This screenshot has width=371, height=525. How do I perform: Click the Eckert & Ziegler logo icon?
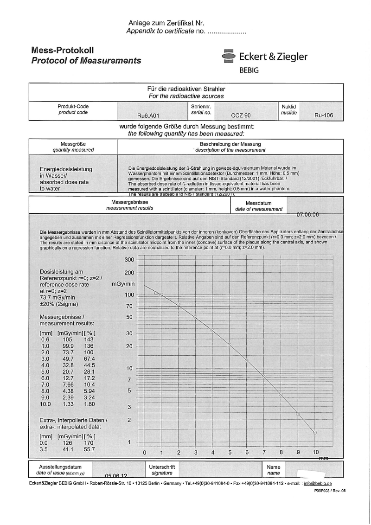click(x=228, y=57)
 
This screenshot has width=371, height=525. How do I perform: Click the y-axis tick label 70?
click(x=129, y=306)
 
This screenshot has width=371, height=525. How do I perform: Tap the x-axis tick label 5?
click(x=230, y=453)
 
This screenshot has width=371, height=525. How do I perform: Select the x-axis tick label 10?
click(x=315, y=453)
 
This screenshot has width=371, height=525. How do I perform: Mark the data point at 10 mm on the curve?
click(x=315, y=432)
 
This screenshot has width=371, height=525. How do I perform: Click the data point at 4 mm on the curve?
click(x=212, y=330)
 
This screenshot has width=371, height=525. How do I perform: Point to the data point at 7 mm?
click(x=263, y=377)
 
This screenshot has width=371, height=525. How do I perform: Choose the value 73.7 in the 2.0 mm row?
click(x=67, y=352)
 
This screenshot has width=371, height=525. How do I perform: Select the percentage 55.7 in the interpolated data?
click(x=88, y=449)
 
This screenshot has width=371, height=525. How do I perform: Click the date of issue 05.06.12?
click(x=116, y=476)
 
